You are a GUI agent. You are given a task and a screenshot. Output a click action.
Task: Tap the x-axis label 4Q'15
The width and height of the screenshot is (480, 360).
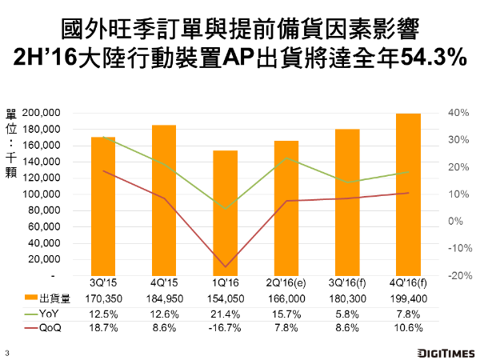tap(164, 283)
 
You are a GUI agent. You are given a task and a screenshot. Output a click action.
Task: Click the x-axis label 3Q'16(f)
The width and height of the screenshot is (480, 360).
tap(346, 283)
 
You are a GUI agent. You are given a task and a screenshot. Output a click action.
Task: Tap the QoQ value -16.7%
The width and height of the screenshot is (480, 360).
tap(225, 328)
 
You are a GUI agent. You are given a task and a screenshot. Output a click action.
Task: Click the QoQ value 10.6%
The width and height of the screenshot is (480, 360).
tap(407, 328)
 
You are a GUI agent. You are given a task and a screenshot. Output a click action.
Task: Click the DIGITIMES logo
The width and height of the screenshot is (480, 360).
tap(444, 352)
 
